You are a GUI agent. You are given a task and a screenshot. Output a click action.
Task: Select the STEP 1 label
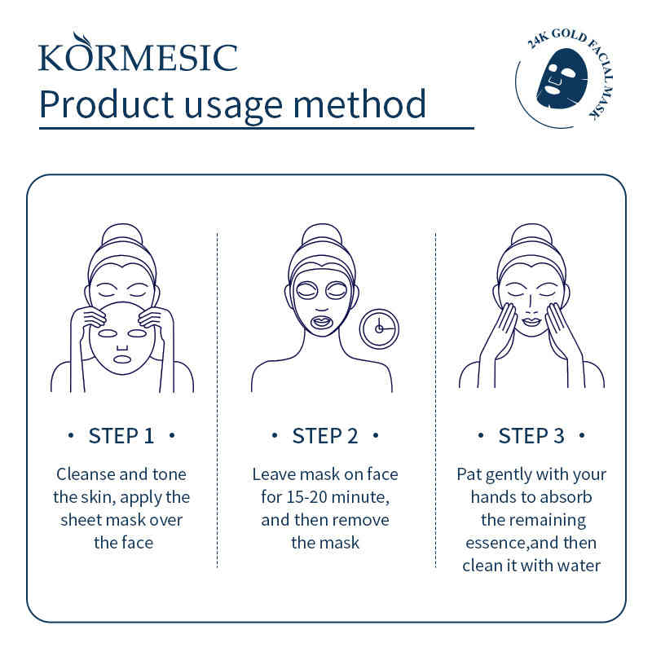point(121,436)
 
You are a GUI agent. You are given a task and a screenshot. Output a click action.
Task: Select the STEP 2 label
point(325,436)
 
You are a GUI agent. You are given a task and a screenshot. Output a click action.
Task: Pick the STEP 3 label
point(531,436)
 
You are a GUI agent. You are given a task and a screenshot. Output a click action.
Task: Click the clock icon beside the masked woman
point(379,328)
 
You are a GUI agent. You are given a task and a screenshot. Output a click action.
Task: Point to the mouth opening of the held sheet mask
point(121,359)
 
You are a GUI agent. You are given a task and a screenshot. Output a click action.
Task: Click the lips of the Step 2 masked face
point(322,322)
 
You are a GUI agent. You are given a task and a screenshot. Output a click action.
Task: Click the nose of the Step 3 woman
point(531,306)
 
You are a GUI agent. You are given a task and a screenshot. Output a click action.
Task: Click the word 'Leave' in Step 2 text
point(274,474)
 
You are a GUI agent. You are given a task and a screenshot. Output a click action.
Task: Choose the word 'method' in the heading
point(359,104)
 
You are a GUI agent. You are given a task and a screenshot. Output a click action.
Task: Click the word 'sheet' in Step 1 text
point(77,520)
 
